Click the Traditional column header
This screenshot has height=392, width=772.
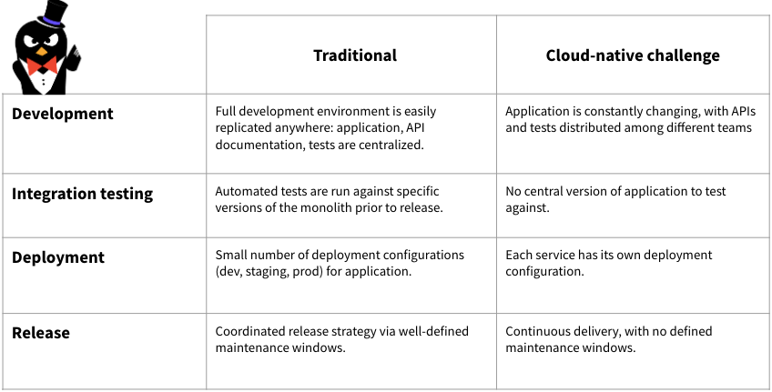coord(355,55)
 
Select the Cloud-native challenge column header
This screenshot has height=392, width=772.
coord(633,55)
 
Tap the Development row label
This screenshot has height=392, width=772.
coord(63,114)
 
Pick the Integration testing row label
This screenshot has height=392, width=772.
coord(82,194)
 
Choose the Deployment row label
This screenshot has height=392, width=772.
coord(58,257)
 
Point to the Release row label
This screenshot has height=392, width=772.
coord(41,333)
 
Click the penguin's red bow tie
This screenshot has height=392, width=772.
coord(41,65)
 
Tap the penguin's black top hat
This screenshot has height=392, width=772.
coord(53,15)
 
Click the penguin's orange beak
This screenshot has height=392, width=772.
coord(43,51)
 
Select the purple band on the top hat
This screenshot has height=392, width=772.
coord(52,21)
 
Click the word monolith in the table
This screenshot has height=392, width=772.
coord(326,207)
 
